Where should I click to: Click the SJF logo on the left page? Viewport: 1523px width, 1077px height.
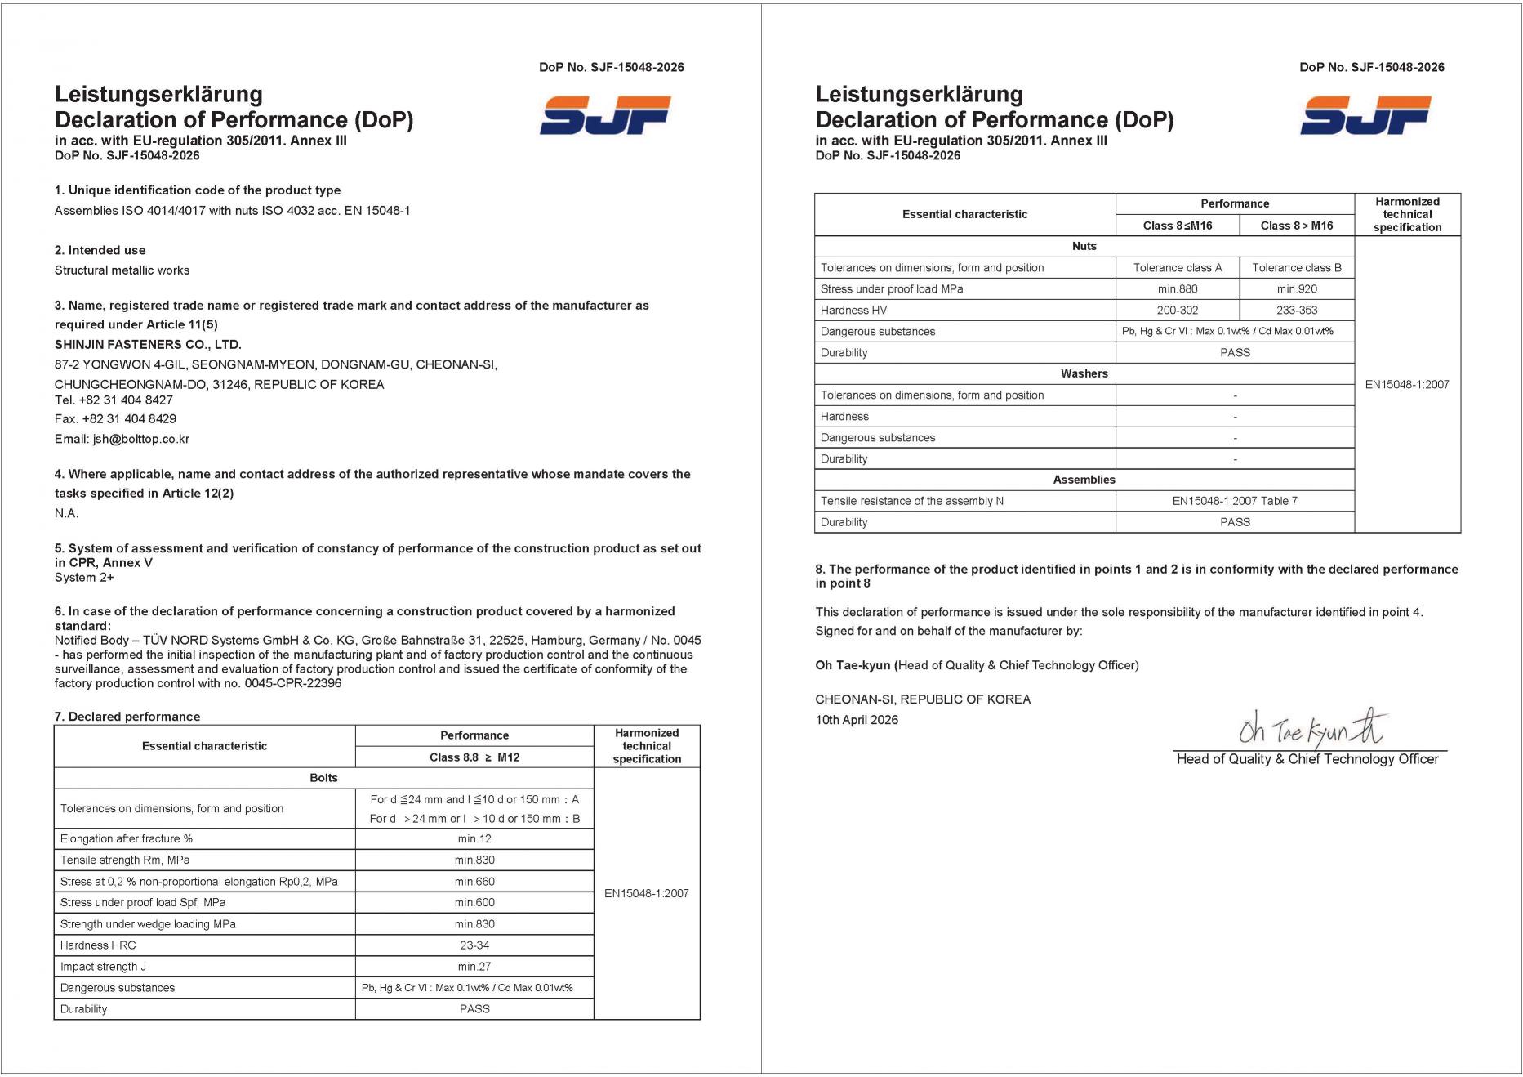[605, 115]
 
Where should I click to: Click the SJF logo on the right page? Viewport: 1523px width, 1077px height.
[1365, 115]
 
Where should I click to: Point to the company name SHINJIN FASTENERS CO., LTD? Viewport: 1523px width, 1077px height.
[148, 344]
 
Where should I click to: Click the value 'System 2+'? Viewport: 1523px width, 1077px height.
[84, 577]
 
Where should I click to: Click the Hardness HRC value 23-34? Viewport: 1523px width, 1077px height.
[474, 945]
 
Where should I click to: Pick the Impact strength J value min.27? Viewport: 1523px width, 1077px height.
[474, 966]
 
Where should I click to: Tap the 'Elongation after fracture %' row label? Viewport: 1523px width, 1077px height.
[127, 838]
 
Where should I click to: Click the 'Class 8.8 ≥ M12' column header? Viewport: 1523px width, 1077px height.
[474, 757]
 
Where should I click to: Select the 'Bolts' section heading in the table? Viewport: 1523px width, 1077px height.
[323, 778]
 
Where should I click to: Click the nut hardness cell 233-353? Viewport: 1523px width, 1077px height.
[1297, 310]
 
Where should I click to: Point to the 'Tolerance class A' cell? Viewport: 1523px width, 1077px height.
[1178, 267]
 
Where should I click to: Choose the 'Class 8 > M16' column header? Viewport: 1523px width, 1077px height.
[1297, 226]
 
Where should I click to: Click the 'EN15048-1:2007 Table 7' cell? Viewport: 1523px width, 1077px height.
[1235, 501]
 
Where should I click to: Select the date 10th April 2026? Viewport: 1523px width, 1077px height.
[857, 720]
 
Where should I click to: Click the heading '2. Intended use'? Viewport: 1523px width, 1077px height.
[100, 250]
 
